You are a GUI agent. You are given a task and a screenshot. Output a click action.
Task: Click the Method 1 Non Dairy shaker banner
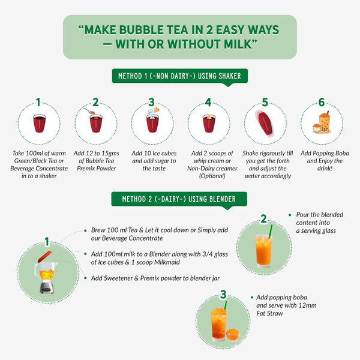180,76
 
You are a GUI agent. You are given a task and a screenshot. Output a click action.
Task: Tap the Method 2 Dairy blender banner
179,199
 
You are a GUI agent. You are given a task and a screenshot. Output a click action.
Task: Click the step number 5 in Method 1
265,102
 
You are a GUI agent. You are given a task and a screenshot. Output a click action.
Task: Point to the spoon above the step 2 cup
88,110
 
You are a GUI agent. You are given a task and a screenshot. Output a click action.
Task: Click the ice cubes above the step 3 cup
151,112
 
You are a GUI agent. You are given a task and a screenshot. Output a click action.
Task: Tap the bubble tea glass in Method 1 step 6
325,123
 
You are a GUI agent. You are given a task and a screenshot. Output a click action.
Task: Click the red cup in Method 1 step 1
39,123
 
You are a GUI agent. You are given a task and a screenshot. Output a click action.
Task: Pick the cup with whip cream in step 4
209,123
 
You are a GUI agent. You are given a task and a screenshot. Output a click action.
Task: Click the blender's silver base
47,287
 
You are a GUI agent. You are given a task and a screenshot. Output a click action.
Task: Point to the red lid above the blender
44,257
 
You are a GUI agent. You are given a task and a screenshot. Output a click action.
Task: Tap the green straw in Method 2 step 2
271,231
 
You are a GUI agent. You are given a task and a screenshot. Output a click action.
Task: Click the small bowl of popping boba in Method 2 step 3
233,335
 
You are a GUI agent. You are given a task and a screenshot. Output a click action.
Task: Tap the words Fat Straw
269,313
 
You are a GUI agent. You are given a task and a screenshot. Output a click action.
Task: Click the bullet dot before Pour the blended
290,215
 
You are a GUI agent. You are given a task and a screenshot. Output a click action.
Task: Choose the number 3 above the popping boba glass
223,295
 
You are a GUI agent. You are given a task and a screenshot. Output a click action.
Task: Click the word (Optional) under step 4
212,176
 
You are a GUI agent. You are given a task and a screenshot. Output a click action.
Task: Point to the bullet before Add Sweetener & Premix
85,278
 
